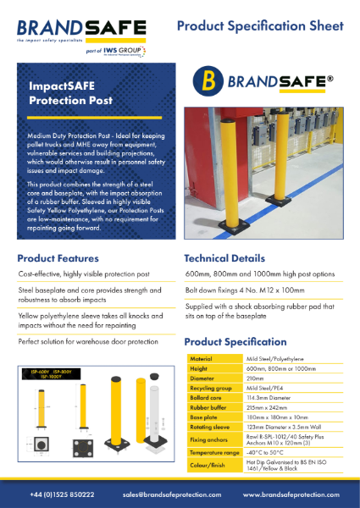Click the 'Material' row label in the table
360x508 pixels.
[x=202, y=359]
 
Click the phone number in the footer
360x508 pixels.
[x=63, y=494]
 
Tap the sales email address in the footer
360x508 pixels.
[x=171, y=494]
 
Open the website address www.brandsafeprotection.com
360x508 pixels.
[x=291, y=494]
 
